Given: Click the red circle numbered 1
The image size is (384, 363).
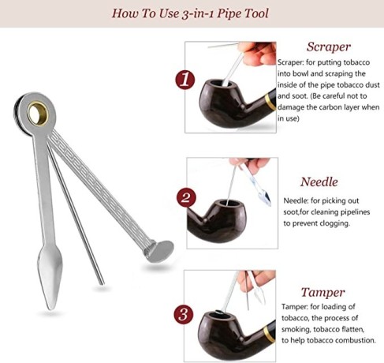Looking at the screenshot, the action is (x=185, y=80).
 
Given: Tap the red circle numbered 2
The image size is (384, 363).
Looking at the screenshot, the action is (x=186, y=197).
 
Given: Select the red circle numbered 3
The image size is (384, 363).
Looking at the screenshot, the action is (x=184, y=315).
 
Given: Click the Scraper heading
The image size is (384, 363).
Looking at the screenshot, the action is (x=329, y=47).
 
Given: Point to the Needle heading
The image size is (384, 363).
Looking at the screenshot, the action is (x=319, y=182).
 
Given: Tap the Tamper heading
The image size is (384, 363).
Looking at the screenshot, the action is (x=323, y=293).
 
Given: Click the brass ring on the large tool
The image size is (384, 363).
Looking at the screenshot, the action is (x=38, y=114).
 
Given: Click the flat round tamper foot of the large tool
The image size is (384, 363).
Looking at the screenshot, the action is (x=160, y=251).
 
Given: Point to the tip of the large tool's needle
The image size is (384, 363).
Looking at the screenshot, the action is (x=102, y=283).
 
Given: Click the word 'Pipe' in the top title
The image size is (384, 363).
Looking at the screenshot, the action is (x=228, y=13).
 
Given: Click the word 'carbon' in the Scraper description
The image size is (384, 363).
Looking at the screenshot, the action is (x=339, y=107).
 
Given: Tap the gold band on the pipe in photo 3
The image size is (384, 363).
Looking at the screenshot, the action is (x=270, y=334).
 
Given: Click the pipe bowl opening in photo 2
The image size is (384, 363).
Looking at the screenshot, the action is (x=228, y=203).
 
